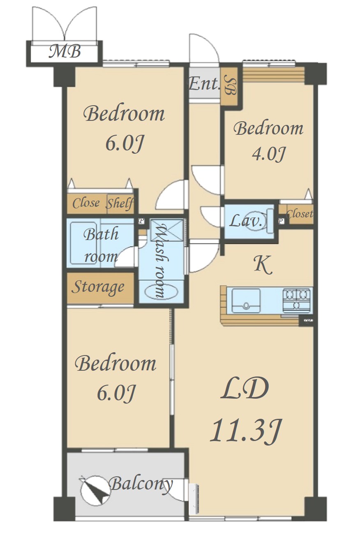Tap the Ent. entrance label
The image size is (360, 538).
click(204, 84)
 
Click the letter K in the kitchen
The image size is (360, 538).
click(263, 265)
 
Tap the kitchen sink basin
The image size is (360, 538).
click(246, 301)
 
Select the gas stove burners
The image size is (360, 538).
click(297, 300)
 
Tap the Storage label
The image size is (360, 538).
click(98, 288)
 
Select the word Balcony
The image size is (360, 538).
click(141, 484)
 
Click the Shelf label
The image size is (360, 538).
click(120, 204)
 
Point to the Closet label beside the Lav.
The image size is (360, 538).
click(300, 213)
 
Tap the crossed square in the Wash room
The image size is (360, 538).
click(166, 230)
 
